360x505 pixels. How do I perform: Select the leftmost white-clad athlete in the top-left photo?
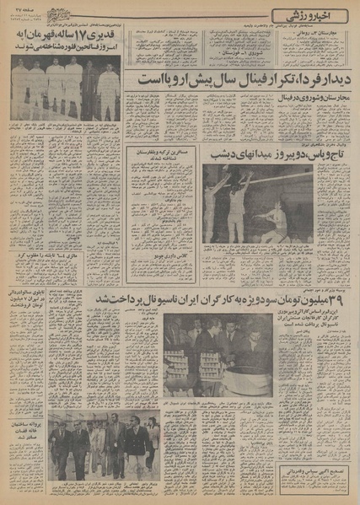(x=20, y=91)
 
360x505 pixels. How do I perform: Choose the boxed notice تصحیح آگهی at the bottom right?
(x=316, y=475)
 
